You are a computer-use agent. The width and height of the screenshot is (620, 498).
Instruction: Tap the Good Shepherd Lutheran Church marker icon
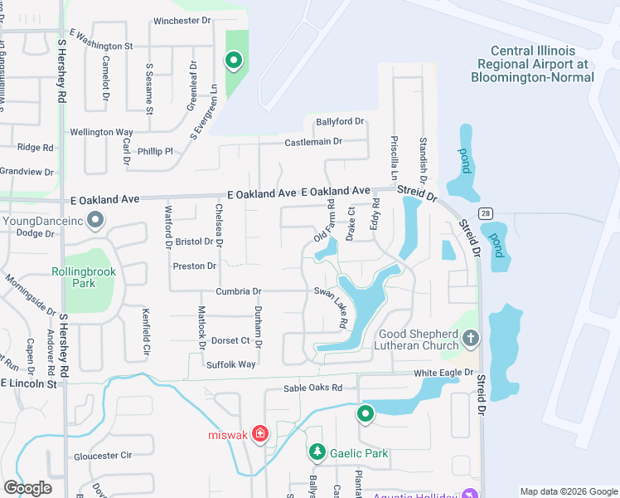471,337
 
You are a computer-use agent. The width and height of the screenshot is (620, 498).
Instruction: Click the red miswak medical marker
260,434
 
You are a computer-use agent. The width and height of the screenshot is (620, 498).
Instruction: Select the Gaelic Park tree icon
317,452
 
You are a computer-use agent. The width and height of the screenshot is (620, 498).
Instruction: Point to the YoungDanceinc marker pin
95,221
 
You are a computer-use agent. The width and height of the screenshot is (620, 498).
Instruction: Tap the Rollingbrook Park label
85,277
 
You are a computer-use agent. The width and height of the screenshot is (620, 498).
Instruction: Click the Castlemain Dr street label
313,142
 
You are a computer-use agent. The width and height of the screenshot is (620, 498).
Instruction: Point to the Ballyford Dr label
340,122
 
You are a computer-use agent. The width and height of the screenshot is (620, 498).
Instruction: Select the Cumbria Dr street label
239,291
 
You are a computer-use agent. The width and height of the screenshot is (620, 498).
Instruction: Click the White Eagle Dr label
443,373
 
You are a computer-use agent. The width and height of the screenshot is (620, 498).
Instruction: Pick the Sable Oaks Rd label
312,388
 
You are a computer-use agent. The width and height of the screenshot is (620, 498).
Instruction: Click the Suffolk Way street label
231,364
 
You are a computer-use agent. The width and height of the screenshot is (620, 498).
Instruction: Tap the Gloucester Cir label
103,456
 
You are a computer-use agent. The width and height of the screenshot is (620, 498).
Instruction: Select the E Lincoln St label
28,383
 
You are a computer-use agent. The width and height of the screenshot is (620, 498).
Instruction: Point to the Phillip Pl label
155,152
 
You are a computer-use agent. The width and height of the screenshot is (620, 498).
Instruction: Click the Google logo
27,488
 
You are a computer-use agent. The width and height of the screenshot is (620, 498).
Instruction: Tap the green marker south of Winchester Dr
234,60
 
